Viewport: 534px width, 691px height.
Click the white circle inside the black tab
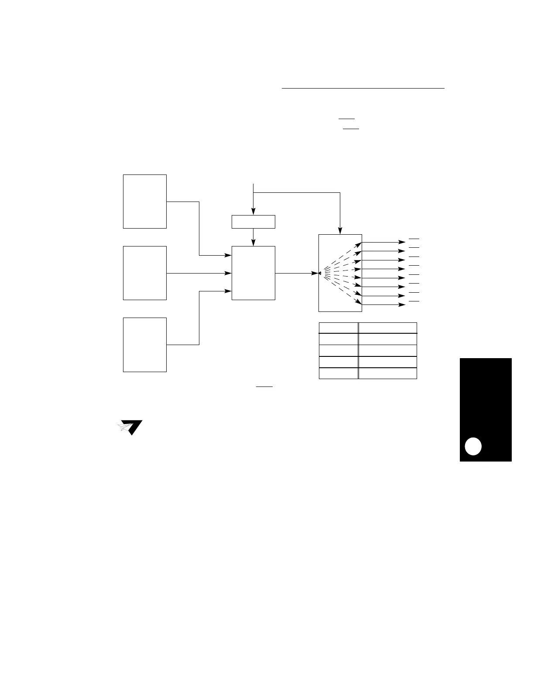473,446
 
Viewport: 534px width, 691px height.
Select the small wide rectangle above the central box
253,222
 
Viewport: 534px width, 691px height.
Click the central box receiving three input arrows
253,273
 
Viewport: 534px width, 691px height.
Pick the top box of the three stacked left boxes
145,201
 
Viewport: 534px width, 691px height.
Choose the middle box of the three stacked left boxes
145,273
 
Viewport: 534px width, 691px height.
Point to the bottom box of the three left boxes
145,345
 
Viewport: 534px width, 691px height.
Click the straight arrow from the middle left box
199,273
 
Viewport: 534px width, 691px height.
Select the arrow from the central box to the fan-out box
297,273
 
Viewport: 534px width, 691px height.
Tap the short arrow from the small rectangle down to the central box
253,237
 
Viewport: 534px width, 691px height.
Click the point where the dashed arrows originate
320,273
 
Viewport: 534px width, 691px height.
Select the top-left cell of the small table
339,328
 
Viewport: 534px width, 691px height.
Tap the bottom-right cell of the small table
387,373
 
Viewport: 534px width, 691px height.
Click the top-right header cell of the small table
387,328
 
